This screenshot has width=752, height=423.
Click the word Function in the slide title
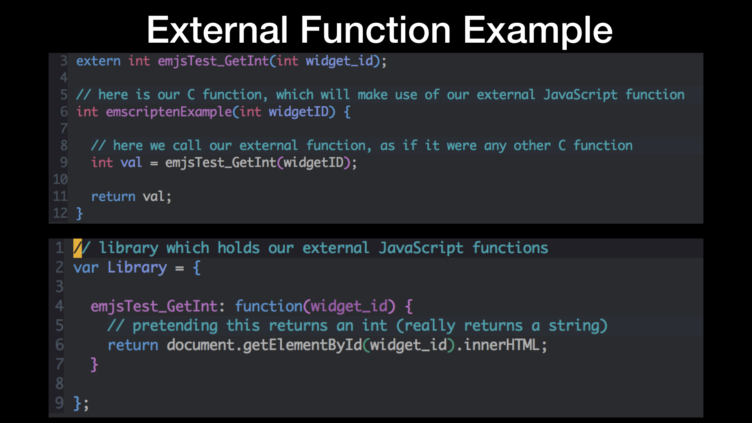pos(376,30)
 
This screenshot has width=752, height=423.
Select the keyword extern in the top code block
pos(98,61)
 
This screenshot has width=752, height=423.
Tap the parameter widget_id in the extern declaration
pos(339,61)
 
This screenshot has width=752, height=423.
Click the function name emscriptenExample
pos(169,112)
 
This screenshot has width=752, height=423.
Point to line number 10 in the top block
pos(60,179)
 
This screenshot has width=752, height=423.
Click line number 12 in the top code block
pos(60,213)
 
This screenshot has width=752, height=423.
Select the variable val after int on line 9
pos(131,163)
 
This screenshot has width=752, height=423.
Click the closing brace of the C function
pos(80,213)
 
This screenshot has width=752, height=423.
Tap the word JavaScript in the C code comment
pos(580,95)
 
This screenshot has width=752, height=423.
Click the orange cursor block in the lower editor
pos(78,248)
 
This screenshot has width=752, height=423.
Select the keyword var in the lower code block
pos(86,268)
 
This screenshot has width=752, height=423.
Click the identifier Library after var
pos(137,268)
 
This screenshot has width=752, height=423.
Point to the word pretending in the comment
pos(175,326)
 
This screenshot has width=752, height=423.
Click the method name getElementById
pos(302,345)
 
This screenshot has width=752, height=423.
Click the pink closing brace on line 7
pos(94,364)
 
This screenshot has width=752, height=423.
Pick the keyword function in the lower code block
pos(269,306)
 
